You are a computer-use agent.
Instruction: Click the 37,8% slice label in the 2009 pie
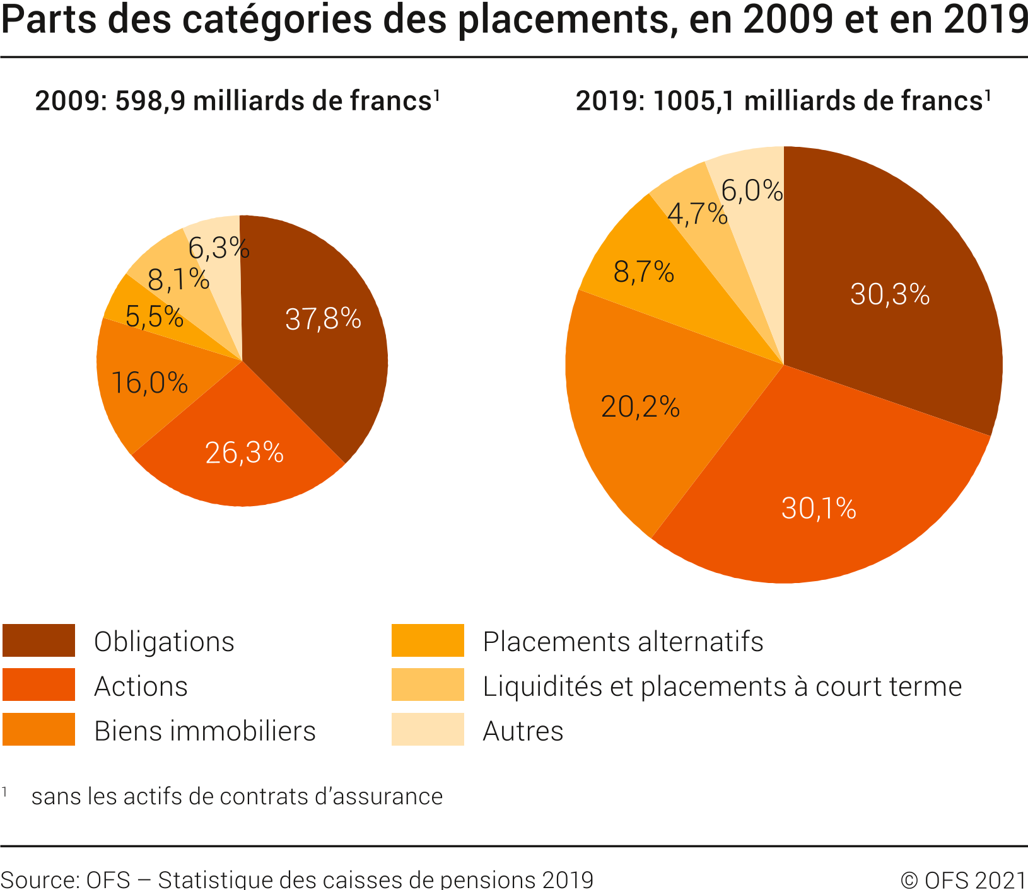click(x=323, y=319)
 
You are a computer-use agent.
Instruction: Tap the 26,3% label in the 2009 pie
click(x=245, y=453)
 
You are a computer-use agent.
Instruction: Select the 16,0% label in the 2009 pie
click(x=149, y=383)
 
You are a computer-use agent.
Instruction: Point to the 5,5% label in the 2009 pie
click(x=155, y=316)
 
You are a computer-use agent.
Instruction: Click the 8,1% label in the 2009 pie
click(x=178, y=279)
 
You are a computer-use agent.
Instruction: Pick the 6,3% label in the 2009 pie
click(x=219, y=248)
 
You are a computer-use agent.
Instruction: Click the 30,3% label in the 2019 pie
click(x=890, y=294)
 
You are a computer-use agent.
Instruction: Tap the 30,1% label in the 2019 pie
click(x=819, y=508)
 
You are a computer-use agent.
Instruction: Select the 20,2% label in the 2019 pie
click(x=640, y=407)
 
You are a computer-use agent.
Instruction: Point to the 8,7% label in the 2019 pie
click(x=644, y=272)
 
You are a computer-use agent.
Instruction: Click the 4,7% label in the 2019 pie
click(x=698, y=214)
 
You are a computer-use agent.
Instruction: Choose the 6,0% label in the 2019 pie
click(x=752, y=190)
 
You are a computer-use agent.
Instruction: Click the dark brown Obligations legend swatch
click(x=38, y=640)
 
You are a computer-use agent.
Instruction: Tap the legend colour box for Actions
click(x=38, y=685)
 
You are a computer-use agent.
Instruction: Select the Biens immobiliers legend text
click(x=205, y=731)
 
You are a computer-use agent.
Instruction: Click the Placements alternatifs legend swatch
click(x=428, y=640)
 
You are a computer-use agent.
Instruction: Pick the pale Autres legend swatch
click(x=428, y=730)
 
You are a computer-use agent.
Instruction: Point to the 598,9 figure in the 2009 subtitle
click(x=150, y=101)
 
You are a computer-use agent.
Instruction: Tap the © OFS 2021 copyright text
click(x=963, y=880)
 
